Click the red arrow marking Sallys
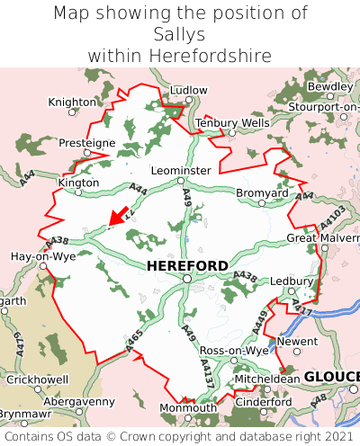click(116, 216)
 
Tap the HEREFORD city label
click(187, 266)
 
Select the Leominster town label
click(181, 170)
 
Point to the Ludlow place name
click(188, 91)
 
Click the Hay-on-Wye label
click(42, 256)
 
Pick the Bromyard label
click(262, 193)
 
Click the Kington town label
click(78, 182)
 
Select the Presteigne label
click(87, 143)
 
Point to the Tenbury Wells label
click(232, 122)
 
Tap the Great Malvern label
click(322, 238)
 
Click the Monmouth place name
click(187, 407)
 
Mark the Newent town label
click(296, 342)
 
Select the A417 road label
click(301, 309)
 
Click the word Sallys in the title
click(180, 35)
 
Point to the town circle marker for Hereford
click(186, 279)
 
